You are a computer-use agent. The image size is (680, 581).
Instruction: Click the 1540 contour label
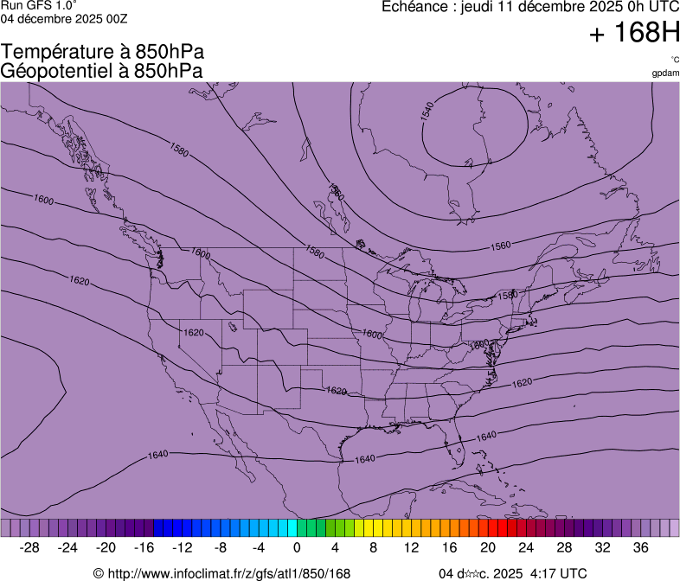(x=427, y=111)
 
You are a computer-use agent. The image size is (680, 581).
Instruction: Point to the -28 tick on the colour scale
(x=30, y=548)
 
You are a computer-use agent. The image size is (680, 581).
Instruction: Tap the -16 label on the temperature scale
(x=144, y=548)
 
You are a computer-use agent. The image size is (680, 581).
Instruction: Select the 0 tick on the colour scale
(x=297, y=548)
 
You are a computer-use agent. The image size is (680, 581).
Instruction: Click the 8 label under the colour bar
(x=373, y=548)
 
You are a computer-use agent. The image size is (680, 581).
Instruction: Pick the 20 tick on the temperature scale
(x=487, y=548)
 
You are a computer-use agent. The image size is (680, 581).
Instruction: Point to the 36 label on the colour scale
(x=640, y=548)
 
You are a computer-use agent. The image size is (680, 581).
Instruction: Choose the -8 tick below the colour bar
(x=221, y=548)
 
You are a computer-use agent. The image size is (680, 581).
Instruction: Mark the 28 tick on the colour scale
(x=563, y=548)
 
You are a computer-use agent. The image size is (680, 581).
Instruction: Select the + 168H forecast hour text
(x=633, y=34)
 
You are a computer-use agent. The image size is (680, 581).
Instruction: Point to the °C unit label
(x=674, y=60)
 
